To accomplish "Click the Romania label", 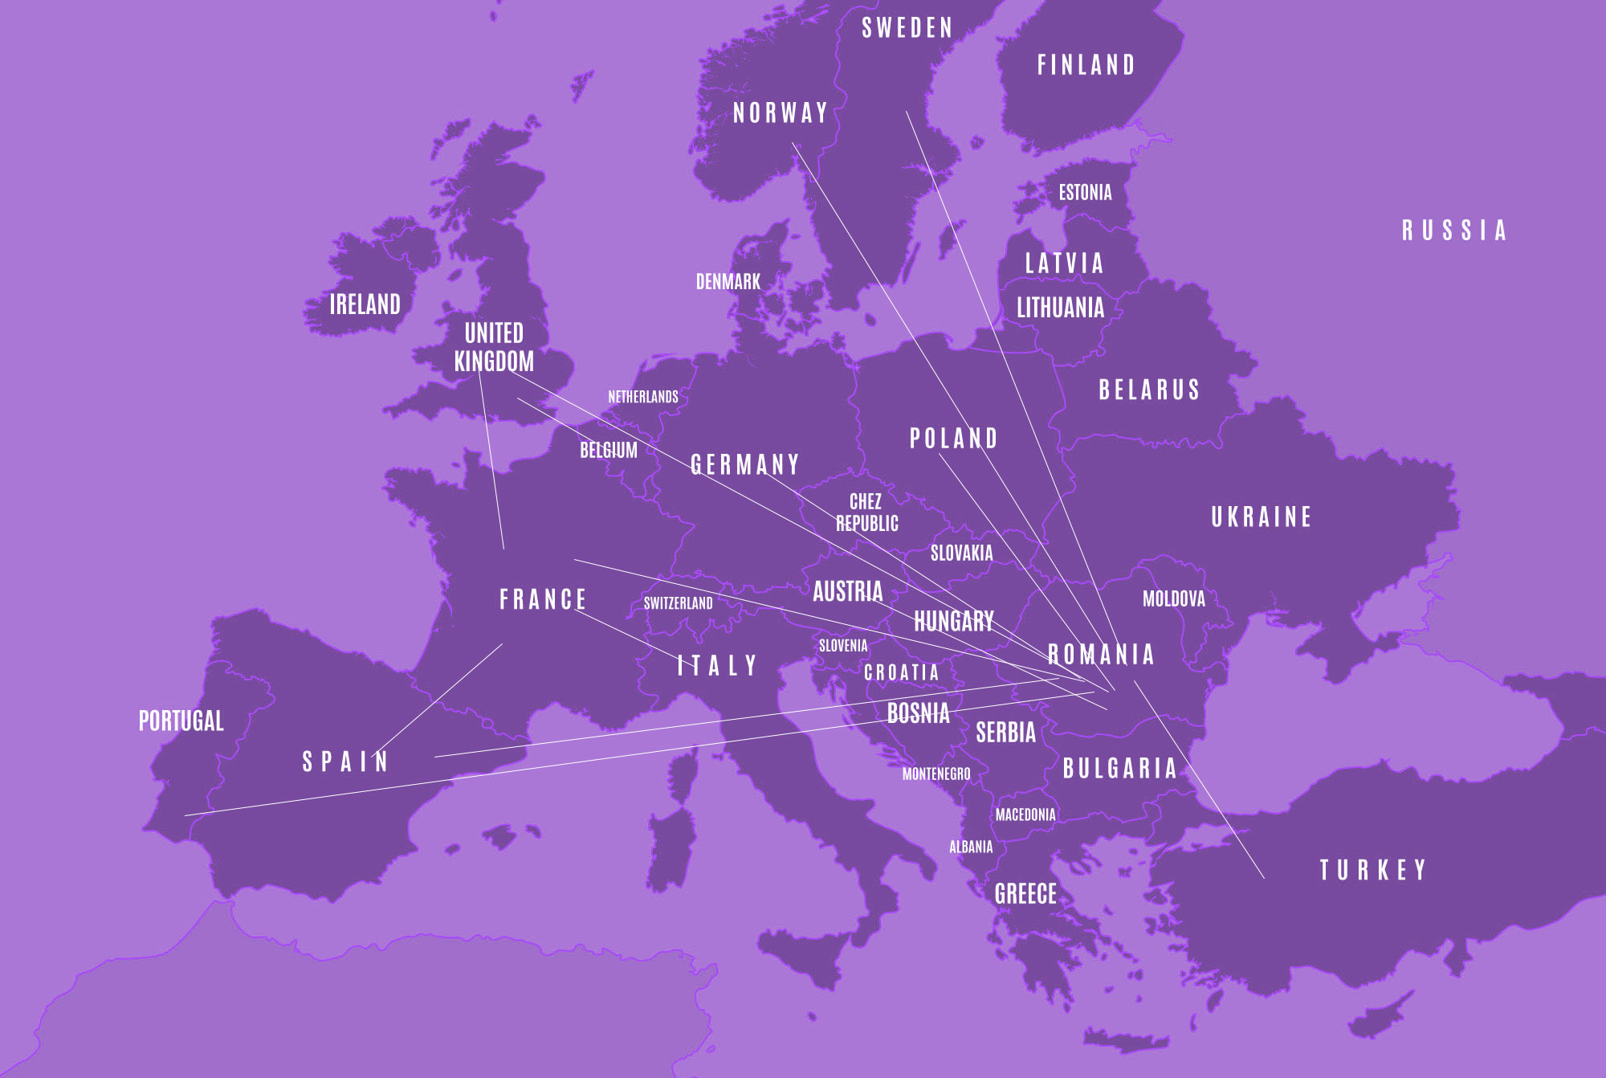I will pos(1101,654).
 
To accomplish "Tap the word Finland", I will pos(1086,65).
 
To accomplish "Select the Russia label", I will pos(1453,231).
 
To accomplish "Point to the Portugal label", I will pos(181,721).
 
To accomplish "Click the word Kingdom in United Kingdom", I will pos(494,361).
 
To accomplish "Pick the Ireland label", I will pos(365,304).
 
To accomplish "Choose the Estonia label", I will pos(1085,193).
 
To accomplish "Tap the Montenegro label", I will pos(936,774).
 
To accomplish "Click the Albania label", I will pos(971,847).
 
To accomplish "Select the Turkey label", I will pos(1372,870).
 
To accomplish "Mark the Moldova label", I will pos(1173,598).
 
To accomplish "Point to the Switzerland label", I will pos(678,603).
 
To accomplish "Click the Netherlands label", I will pos(642,397).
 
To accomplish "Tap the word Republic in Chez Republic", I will pos(867,524).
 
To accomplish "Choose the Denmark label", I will pos(728,282).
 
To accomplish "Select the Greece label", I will pos(1025,893).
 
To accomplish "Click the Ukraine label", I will pos(1261,517).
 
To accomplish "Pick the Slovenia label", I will pos(843,646).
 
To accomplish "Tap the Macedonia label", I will pos(1025,815).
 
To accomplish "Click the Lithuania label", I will pos(1060,308).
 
